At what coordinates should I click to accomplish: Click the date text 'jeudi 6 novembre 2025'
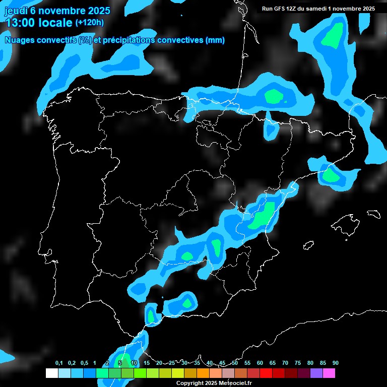(x=57, y=11)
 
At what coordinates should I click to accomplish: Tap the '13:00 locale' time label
(x=38, y=23)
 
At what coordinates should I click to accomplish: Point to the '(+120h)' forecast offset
(x=90, y=23)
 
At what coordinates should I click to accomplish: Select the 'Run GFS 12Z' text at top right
(x=280, y=9)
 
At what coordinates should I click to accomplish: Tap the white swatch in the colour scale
(x=51, y=373)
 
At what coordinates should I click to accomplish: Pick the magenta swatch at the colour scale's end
(x=329, y=373)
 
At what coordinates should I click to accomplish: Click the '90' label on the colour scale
(x=336, y=363)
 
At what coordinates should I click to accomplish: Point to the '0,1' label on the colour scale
(x=59, y=363)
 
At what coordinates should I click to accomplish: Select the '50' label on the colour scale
(x=235, y=363)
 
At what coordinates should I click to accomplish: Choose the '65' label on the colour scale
(x=273, y=363)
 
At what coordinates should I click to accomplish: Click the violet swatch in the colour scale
(x=316, y=373)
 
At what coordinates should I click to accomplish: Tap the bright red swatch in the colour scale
(x=266, y=373)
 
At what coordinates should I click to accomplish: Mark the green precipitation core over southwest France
(x=274, y=96)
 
